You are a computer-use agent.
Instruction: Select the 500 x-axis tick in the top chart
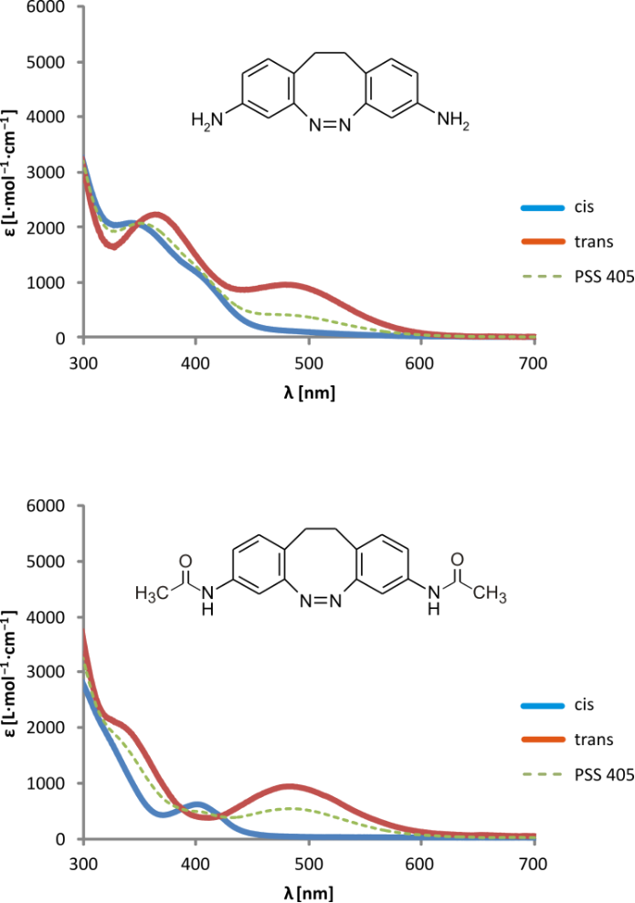(x=309, y=364)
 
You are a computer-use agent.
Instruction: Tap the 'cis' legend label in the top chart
(x=586, y=206)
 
